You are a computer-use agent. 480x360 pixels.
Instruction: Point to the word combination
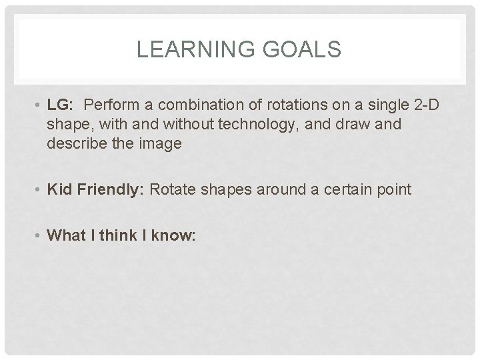[x=191, y=105]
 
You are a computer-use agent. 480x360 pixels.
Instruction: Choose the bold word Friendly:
[x=110, y=190]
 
